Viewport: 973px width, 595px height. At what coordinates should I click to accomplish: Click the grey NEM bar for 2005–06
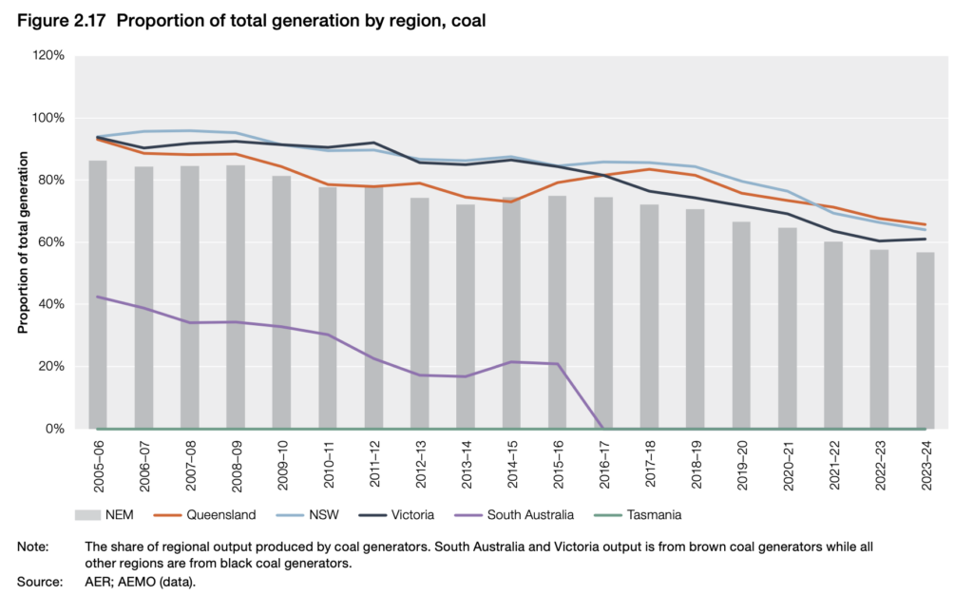pyautogui.click(x=98, y=295)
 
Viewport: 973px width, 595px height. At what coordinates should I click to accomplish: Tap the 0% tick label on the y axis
pyautogui.click(x=55, y=429)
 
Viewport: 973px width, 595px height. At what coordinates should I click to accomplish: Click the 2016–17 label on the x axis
pyautogui.click(x=604, y=466)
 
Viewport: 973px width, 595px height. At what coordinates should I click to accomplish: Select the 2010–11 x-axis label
pyautogui.click(x=329, y=466)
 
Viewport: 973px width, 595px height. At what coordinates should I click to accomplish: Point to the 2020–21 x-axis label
pyautogui.click(x=788, y=466)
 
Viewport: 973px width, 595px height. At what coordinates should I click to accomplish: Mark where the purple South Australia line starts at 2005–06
pyautogui.click(x=98, y=297)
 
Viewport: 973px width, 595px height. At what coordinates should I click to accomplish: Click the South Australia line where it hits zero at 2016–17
pyautogui.click(x=603, y=428)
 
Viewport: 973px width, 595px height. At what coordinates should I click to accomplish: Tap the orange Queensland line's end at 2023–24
pyautogui.click(x=925, y=224)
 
